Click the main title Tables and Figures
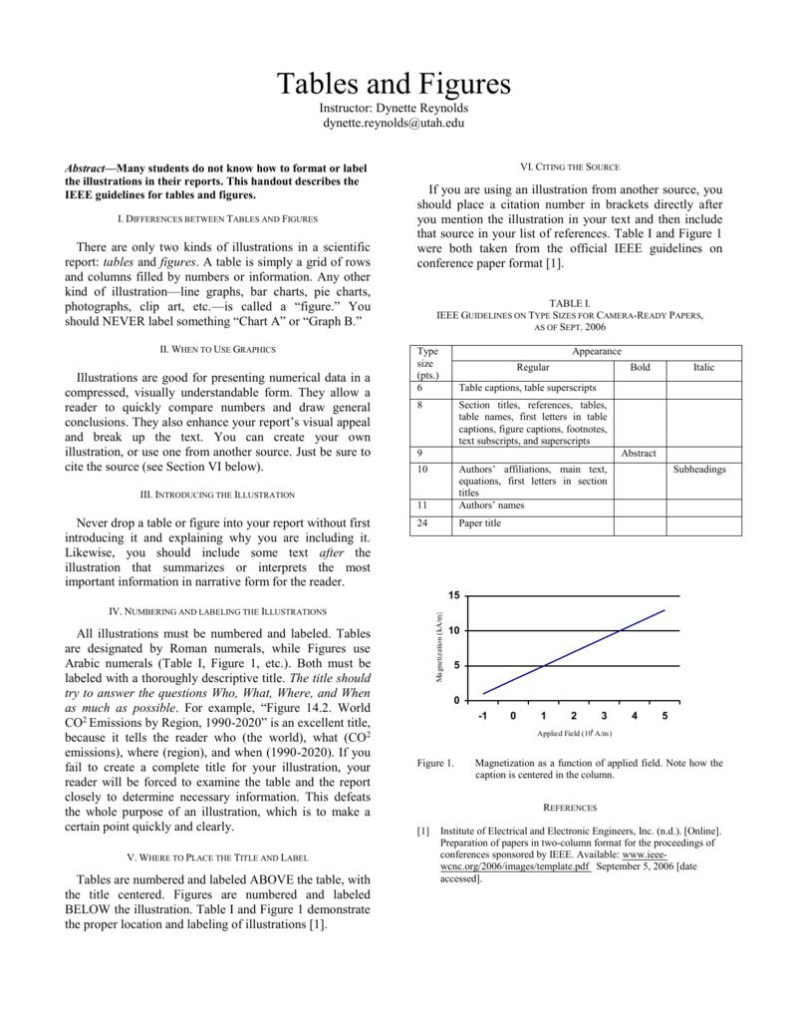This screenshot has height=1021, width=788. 393,83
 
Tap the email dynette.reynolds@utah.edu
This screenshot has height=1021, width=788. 393,123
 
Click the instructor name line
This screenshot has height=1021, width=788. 393,107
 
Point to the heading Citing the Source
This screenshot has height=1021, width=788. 570,167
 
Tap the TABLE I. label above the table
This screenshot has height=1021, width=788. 570,302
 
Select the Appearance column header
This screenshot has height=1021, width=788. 597,351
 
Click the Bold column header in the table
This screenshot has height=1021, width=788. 640,367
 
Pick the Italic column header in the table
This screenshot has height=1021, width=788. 703,367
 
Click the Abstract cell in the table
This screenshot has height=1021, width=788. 639,453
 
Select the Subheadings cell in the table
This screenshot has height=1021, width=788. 699,469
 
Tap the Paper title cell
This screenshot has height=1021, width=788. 479,522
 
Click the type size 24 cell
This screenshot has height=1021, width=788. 421,522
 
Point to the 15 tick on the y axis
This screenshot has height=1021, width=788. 453,595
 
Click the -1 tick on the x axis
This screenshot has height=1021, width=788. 482,716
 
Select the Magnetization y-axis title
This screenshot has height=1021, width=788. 438,648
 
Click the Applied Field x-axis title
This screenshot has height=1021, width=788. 572,733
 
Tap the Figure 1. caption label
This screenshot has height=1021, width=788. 434,763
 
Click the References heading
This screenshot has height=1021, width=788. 570,808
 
